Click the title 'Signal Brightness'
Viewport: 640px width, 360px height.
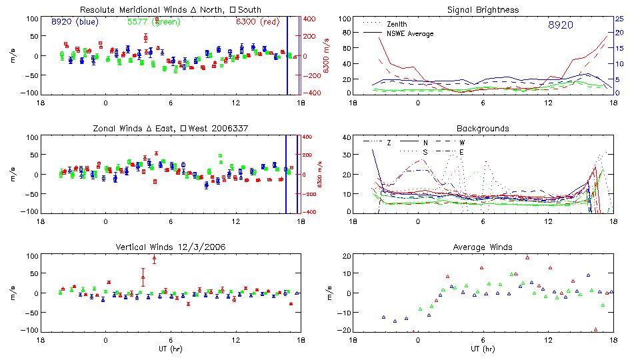[483, 10]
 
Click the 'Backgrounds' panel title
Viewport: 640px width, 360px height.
[483, 129]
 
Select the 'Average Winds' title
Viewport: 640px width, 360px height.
[483, 247]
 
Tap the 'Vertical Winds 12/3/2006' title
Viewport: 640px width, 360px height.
[171, 247]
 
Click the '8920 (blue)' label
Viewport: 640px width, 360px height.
[75, 21]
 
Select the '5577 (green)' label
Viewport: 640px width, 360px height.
[152, 21]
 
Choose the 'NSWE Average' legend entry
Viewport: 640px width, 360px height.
[409, 33]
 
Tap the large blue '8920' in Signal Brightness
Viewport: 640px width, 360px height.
[561, 25]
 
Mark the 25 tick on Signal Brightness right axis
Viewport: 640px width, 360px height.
[619, 19]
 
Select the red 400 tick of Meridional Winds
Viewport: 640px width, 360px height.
[311, 19]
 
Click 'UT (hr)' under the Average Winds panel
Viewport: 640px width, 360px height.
[483, 349]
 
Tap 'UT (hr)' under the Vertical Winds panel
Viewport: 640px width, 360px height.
[171, 349]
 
